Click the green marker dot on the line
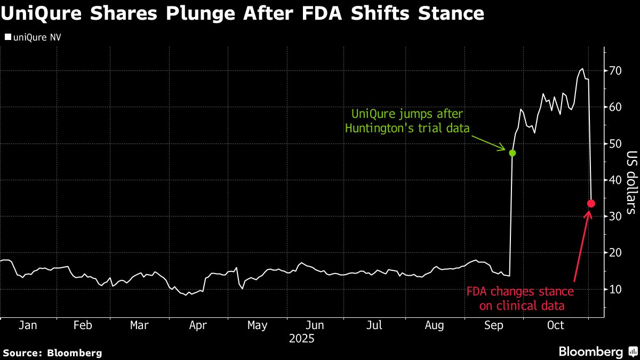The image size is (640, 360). (513, 153)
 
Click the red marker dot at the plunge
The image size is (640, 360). (591, 203)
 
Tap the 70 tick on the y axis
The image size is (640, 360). (616, 71)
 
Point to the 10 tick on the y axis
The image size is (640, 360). (616, 289)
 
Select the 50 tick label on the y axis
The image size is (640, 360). (616, 143)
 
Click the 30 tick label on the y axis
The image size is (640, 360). (616, 217)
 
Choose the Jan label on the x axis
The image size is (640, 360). (28, 325)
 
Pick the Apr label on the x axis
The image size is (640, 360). (198, 325)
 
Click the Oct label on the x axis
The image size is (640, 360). (556, 325)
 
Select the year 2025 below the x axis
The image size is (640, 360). (301, 339)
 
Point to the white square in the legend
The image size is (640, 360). (7, 37)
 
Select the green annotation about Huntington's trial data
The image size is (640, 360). (408, 121)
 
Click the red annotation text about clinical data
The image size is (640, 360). (520, 299)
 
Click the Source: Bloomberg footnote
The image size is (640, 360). (52, 353)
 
